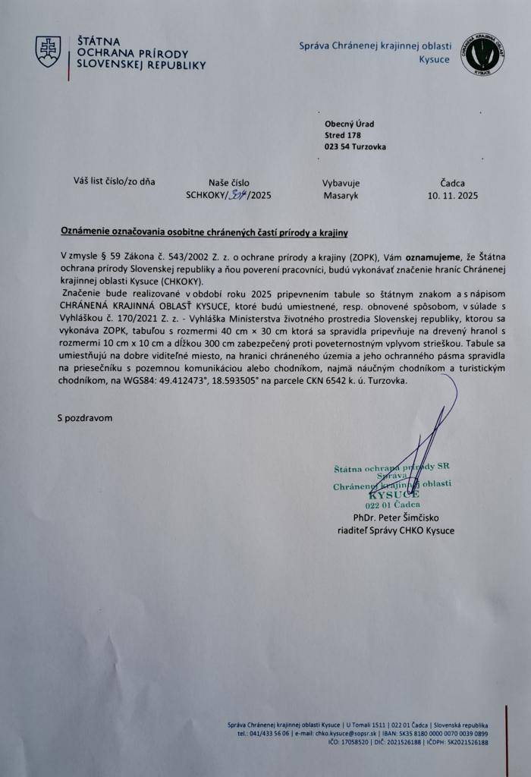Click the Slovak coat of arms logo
[48, 51]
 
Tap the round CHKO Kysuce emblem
[483, 53]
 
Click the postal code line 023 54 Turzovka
[355, 146]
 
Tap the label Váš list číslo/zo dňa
[114, 181]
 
